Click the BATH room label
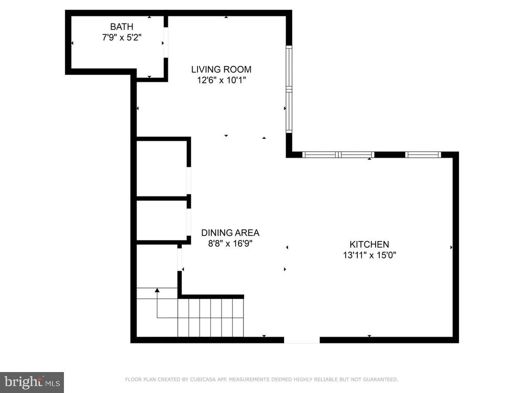(x=122, y=27)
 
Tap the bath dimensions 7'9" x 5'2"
(x=122, y=37)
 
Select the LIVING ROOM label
(x=221, y=70)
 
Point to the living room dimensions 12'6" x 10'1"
(x=221, y=80)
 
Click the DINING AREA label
(x=230, y=233)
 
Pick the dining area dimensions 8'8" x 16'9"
(x=230, y=244)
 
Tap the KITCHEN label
(x=369, y=244)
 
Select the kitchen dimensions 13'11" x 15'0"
(x=369, y=255)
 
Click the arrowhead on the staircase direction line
(x=157, y=290)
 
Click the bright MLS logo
(x=32, y=382)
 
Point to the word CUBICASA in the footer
(x=203, y=379)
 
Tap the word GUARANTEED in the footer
(x=380, y=379)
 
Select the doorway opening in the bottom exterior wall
(x=302, y=340)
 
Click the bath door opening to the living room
(x=165, y=42)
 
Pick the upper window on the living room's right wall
(x=289, y=67)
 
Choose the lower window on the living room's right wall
(x=289, y=111)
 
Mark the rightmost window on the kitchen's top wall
(x=423, y=155)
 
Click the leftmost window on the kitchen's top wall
(x=320, y=155)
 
